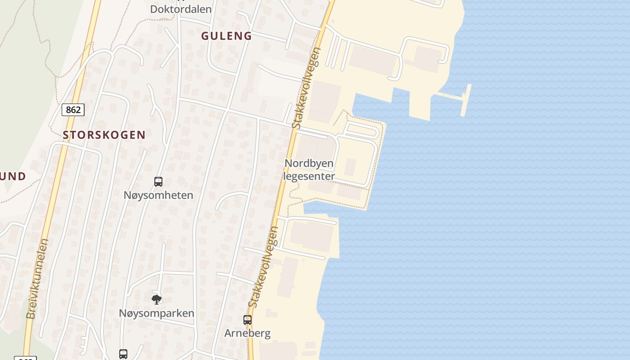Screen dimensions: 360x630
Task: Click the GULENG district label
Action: [226, 36]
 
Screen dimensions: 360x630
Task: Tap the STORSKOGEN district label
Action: [104, 135]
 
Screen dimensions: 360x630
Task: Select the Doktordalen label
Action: [181, 9]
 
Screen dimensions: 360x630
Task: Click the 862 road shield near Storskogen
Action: [73, 110]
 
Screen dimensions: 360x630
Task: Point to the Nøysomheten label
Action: [158, 195]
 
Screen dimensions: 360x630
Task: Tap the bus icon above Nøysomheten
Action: [158, 182]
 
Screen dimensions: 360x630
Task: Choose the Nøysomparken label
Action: [157, 313]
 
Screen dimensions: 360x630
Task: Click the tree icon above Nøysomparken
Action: [156, 299]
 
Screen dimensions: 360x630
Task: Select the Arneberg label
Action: [247, 333]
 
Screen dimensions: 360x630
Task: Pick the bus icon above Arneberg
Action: [247, 320]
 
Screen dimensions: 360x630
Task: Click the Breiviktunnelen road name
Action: [37, 279]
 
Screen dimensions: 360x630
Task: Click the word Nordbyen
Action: [309, 163]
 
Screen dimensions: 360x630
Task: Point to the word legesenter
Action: [309, 176]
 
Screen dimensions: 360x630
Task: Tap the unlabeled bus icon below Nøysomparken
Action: [123, 354]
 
